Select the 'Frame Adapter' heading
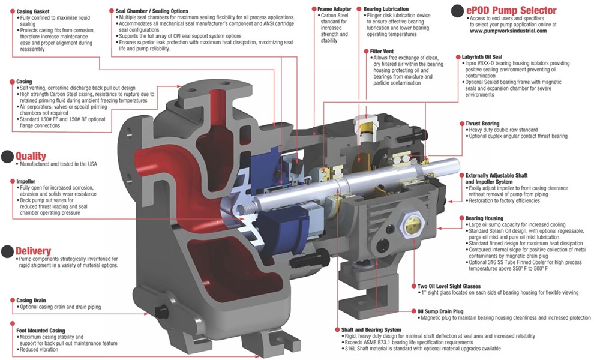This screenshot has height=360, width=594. (x=334, y=10)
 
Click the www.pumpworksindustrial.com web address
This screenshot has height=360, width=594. (x=504, y=31)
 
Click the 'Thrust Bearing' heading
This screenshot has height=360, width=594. (x=482, y=124)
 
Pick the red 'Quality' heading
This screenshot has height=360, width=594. (x=31, y=156)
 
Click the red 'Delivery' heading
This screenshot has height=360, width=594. (x=34, y=251)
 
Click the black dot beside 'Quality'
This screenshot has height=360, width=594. (x=7, y=157)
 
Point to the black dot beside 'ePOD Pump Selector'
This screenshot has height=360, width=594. (x=457, y=10)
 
